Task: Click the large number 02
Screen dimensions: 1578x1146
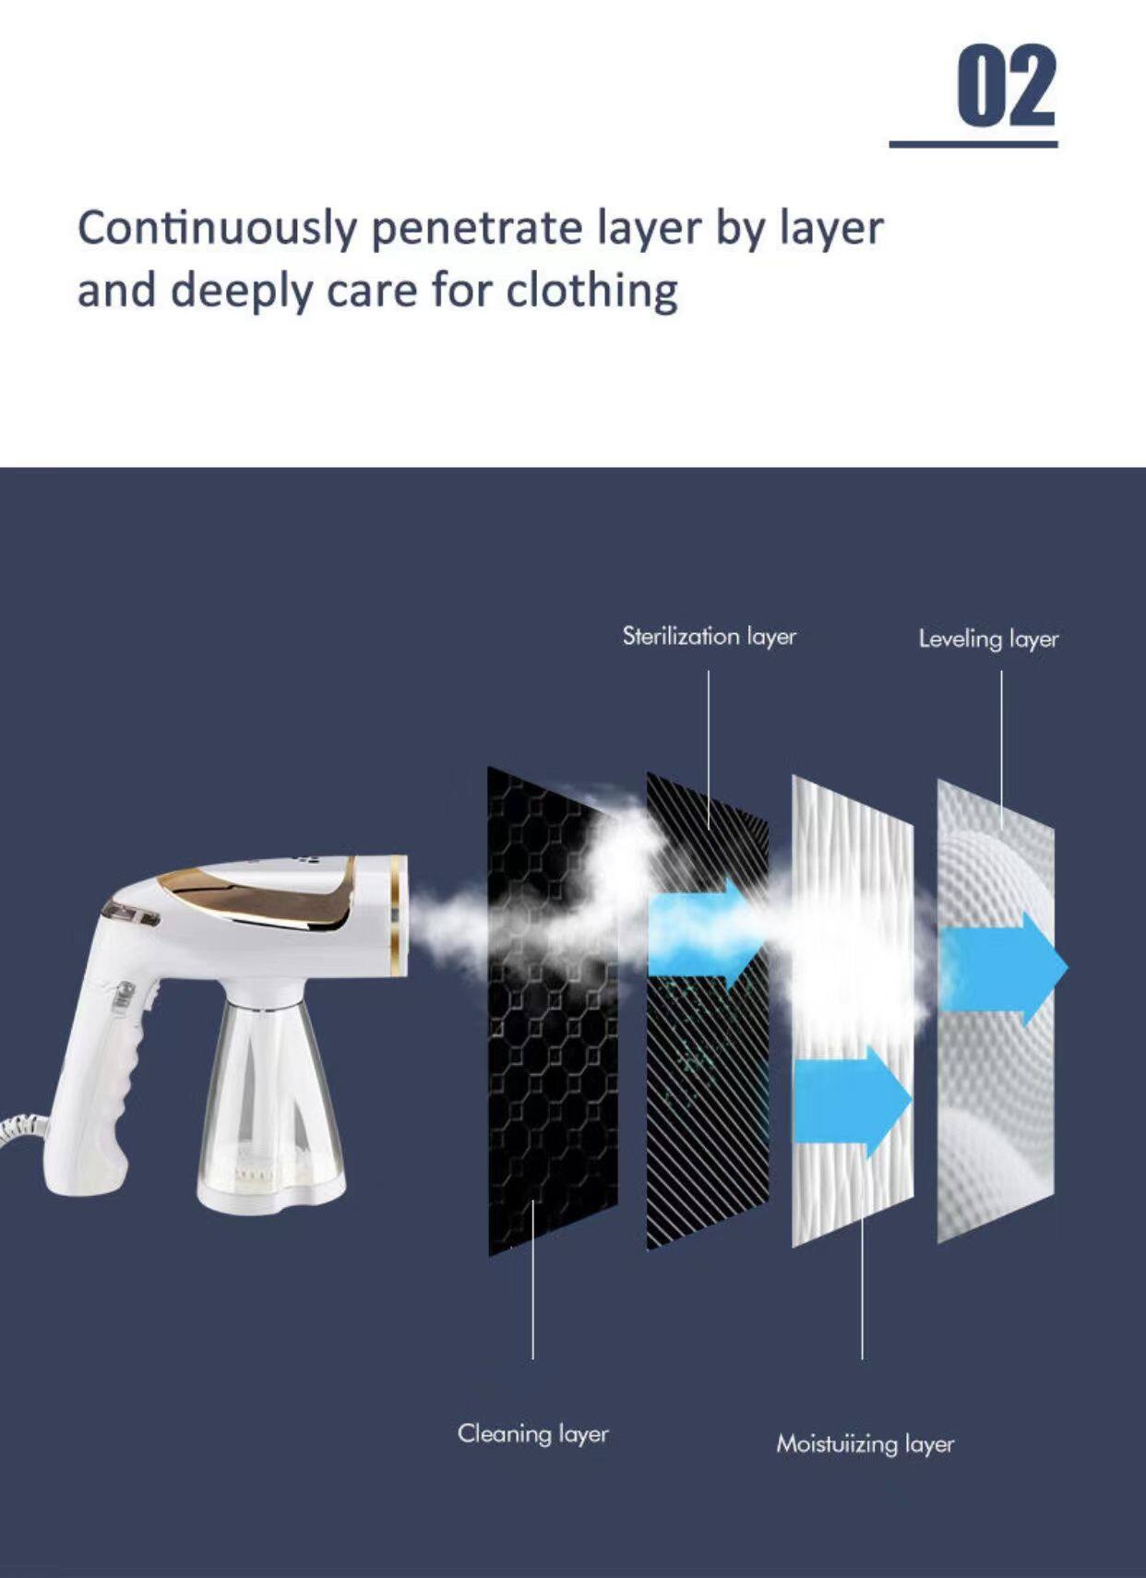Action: (1006, 87)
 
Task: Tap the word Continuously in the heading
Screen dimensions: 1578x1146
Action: (216, 228)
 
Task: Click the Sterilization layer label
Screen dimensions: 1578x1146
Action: (709, 636)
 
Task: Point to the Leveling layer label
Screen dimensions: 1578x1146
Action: (988, 639)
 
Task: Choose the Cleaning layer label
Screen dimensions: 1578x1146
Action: (532, 1433)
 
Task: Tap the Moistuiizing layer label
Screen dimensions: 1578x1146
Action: (865, 1443)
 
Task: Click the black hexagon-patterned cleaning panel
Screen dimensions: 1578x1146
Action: (544, 1107)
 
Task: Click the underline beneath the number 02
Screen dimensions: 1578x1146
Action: (973, 144)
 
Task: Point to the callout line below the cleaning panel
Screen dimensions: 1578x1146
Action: (532, 1292)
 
